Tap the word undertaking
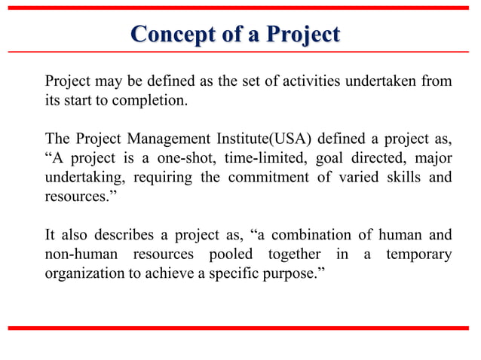(x=78, y=178)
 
